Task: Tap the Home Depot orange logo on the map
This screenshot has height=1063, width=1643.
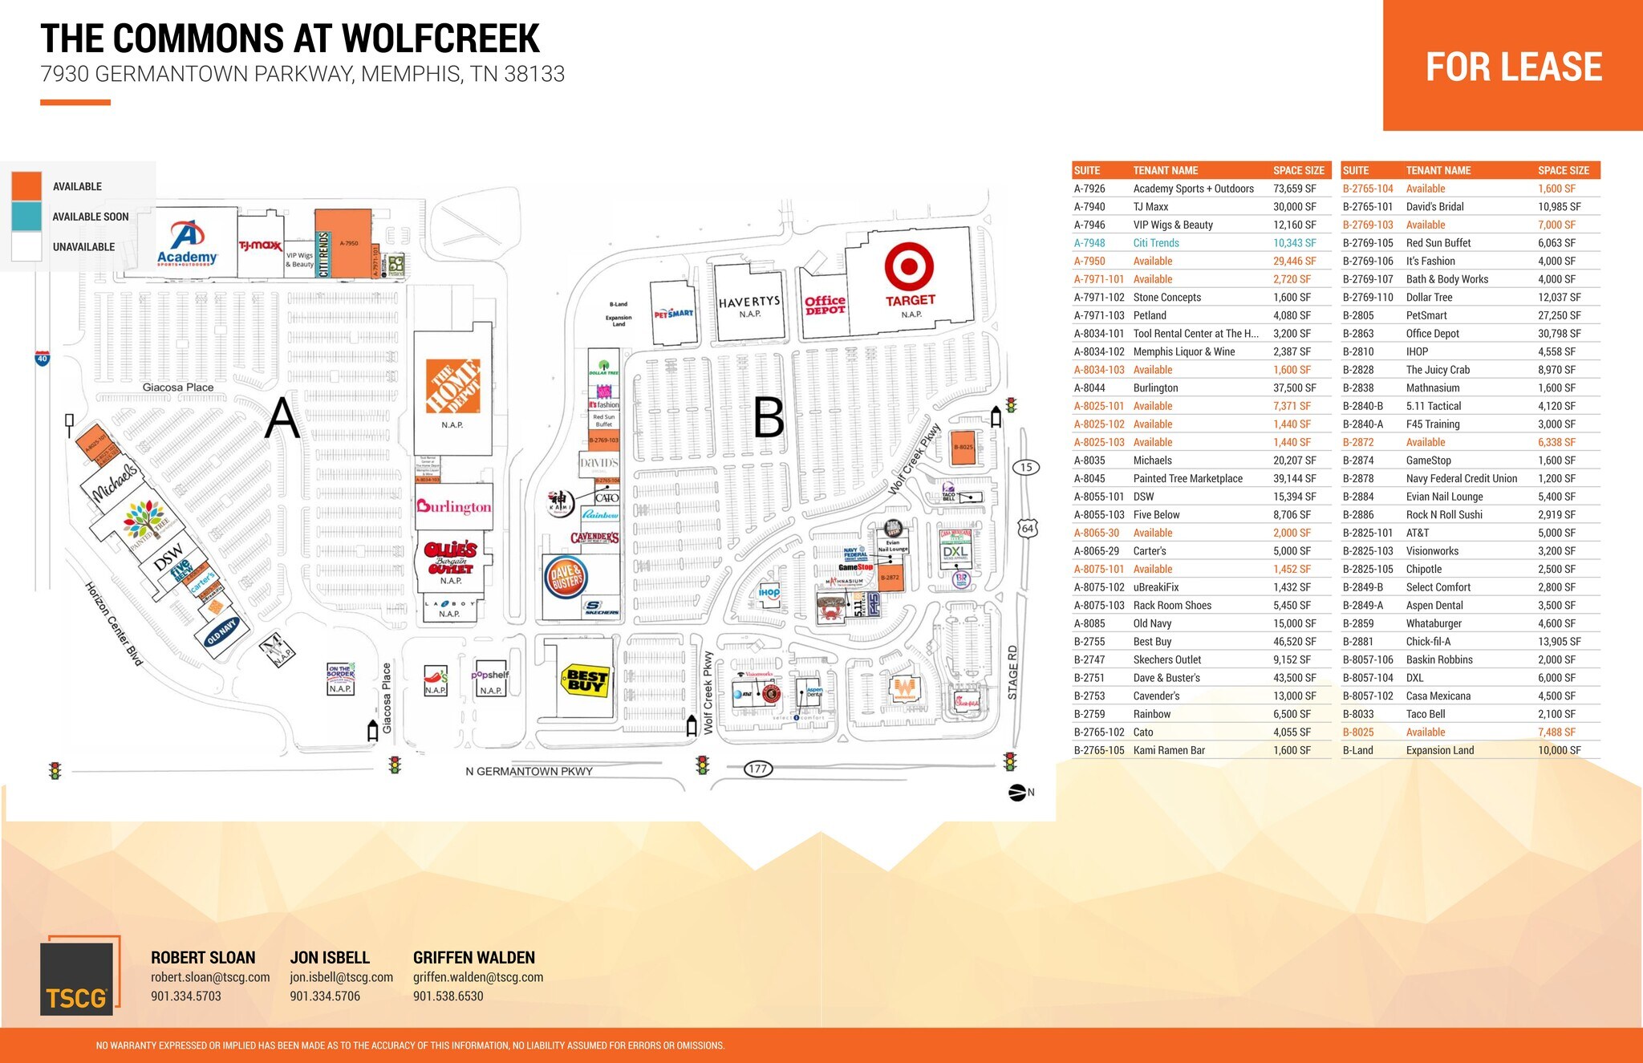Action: click(452, 386)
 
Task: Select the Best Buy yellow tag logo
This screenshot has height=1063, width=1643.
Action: click(585, 680)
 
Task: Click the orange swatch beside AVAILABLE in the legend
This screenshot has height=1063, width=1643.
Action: click(26, 186)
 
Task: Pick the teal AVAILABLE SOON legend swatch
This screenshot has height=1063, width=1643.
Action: click(26, 217)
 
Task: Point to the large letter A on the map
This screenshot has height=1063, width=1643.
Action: click(282, 418)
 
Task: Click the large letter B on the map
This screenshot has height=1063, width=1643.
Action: click(769, 418)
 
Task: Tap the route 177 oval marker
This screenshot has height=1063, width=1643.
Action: click(757, 769)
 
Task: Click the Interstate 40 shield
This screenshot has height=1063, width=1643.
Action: click(43, 359)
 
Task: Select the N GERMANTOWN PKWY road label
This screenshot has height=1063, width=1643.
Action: click(529, 771)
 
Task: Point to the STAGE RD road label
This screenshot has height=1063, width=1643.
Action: click(1012, 672)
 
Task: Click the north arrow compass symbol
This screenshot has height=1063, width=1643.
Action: click(1017, 793)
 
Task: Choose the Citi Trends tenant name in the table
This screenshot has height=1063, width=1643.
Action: click(1156, 243)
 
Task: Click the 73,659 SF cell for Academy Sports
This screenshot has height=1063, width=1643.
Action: click(1294, 189)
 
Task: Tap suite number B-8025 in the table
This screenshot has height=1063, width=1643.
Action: click(1358, 732)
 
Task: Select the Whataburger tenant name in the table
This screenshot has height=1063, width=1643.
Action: click(1434, 623)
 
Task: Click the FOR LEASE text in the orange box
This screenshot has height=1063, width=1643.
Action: click(1514, 67)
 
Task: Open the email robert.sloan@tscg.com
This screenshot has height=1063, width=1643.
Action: click(210, 977)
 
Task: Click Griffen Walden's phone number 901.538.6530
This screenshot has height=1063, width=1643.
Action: click(448, 996)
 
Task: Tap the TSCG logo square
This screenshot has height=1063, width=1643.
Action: click(77, 978)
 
